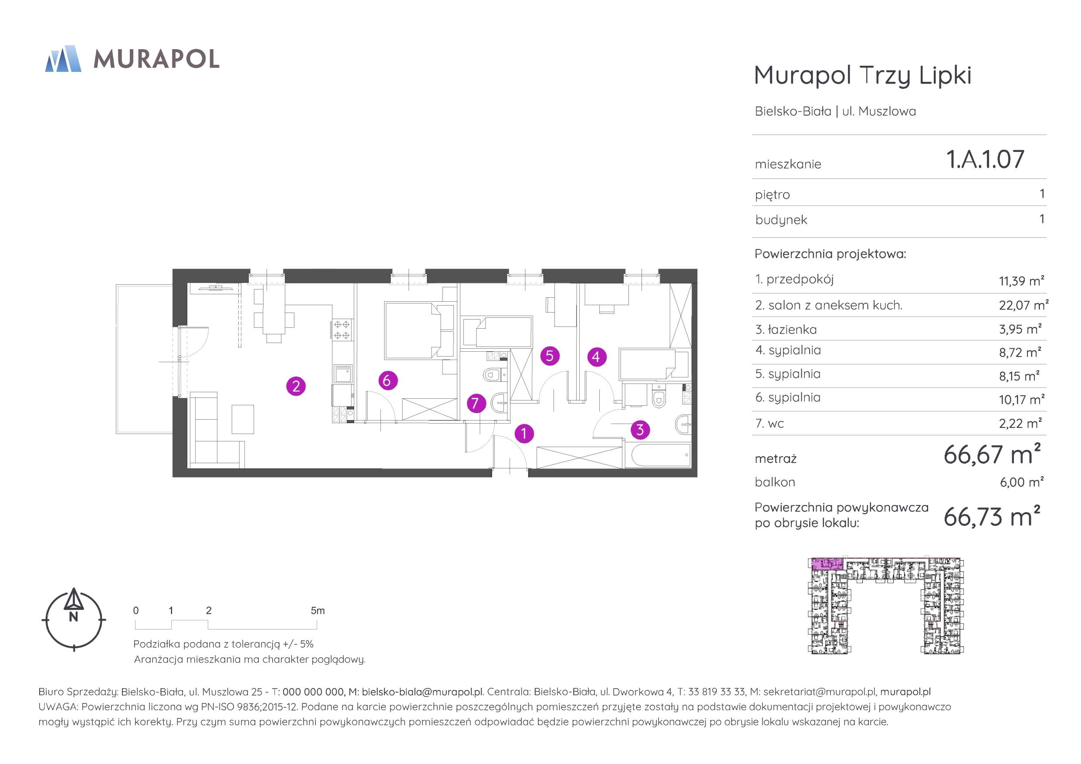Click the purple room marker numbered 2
(296, 387)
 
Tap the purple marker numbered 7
(476, 404)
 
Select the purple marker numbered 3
(640, 429)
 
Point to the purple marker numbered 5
(550, 356)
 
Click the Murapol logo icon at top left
(63, 59)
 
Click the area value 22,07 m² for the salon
(1024, 305)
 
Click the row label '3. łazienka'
(786, 330)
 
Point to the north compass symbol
(74, 619)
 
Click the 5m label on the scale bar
(318, 610)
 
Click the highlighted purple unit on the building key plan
(827, 563)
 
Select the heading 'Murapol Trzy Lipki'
(862, 75)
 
